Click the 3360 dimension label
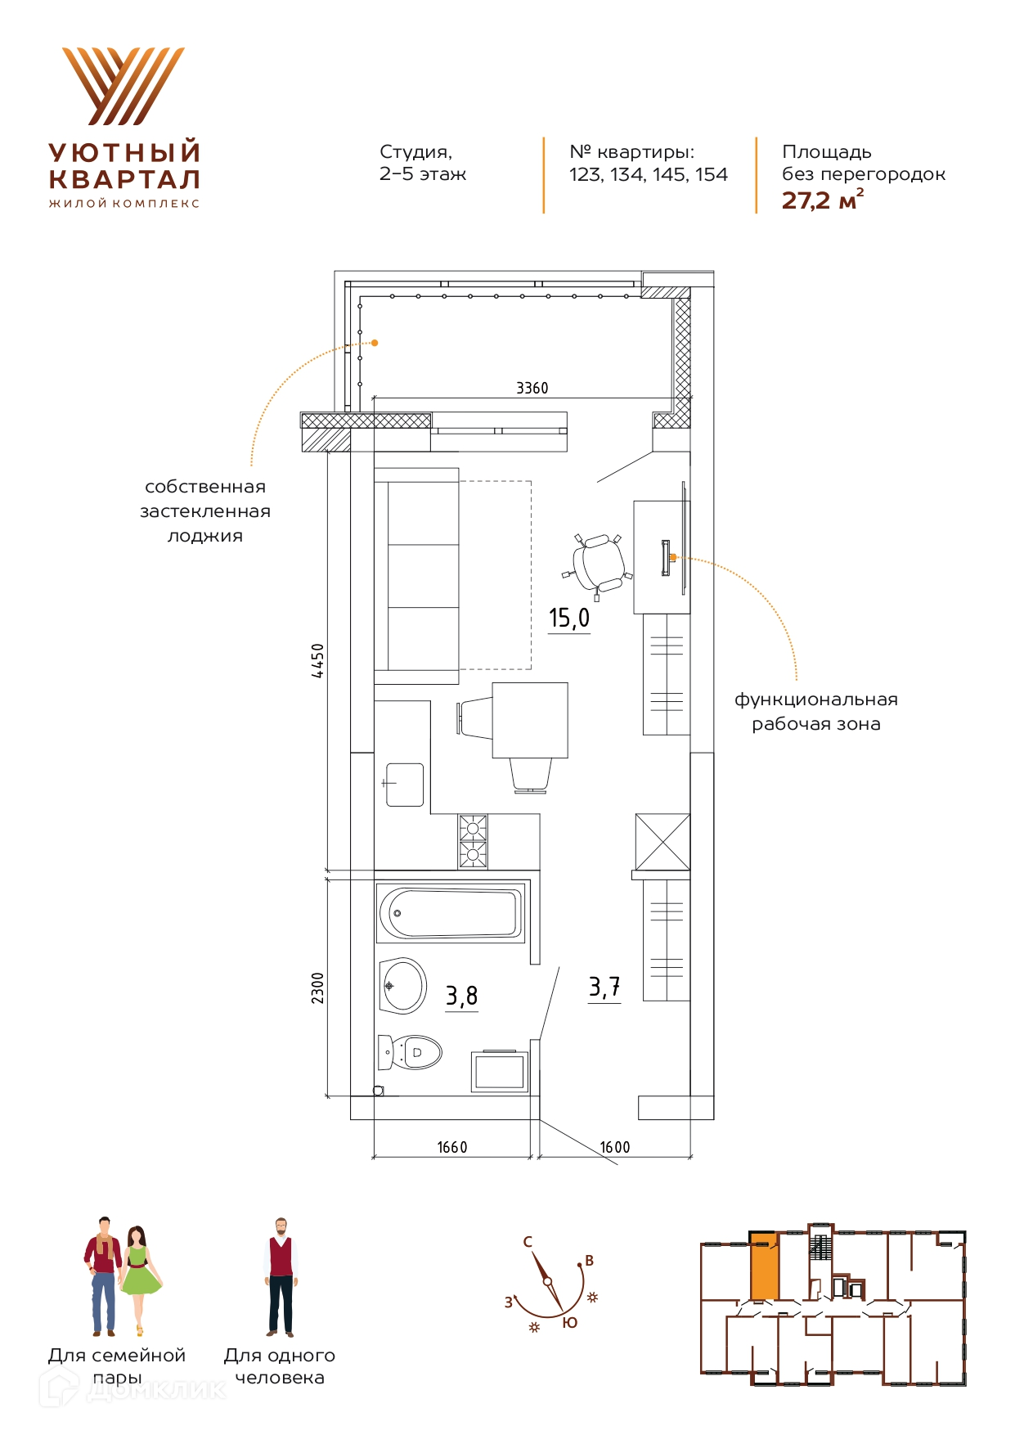532,388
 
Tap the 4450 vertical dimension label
317,660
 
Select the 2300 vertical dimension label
317,987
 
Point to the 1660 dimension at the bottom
452,1147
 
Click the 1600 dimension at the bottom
615,1147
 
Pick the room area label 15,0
569,618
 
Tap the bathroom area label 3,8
461,996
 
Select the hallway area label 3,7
604,987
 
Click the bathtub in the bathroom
451,912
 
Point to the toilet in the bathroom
411,1052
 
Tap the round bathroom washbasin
403,986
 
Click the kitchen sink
404,785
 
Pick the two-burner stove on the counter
473,841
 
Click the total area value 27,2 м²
823,200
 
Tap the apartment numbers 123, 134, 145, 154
649,174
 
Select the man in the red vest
281,1277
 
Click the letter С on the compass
528,1242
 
